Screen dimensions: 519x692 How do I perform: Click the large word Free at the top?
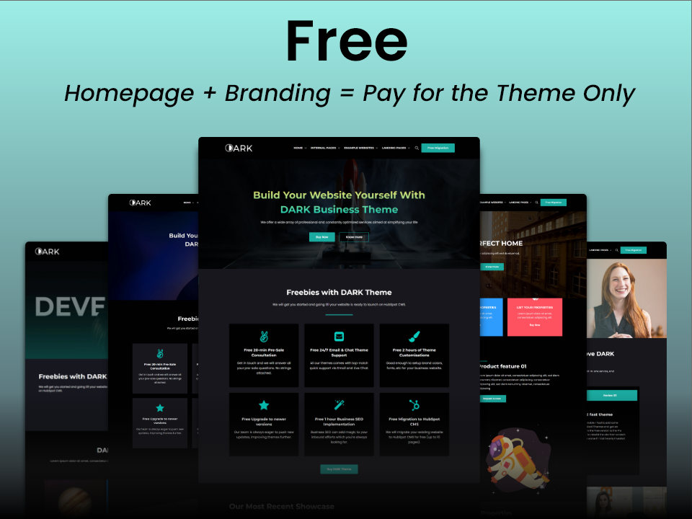pyautogui.click(x=346, y=42)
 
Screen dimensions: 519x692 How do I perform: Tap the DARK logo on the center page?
pyautogui.click(x=239, y=148)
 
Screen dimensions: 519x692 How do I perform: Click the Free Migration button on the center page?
pyautogui.click(x=438, y=148)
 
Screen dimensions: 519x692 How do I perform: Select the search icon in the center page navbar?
pyautogui.click(x=416, y=148)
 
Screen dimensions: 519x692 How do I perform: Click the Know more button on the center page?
pyautogui.click(x=354, y=237)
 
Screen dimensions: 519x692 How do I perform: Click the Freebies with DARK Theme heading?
pyautogui.click(x=339, y=293)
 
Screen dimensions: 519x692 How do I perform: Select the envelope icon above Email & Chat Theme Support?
pyautogui.click(x=339, y=337)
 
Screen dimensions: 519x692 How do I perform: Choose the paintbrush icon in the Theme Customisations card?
pyautogui.click(x=414, y=337)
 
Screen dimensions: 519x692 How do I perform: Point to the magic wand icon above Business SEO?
pyautogui.click(x=339, y=405)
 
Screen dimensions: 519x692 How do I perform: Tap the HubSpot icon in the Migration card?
pyautogui.click(x=414, y=405)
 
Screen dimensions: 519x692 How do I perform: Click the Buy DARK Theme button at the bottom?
pyautogui.click(x=339, y=469)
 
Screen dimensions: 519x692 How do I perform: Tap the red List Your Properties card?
pyautogui.click(x=534, y=316)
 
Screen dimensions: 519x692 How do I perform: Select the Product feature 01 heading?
pyautogui.click(x=504, y=366)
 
